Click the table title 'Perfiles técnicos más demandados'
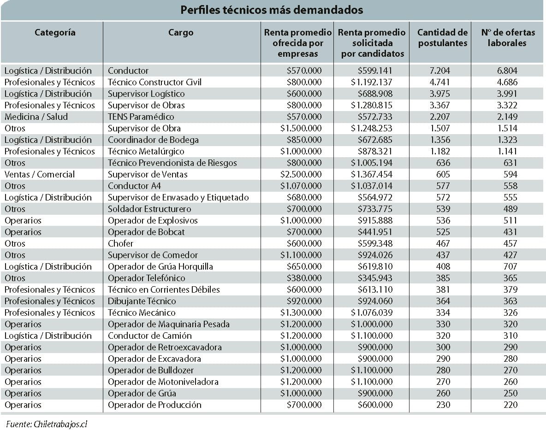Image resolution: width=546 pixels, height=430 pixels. pyautogui.click(x=272, y=10)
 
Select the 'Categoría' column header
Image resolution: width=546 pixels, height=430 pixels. pyautogui.click(x=55, y=33)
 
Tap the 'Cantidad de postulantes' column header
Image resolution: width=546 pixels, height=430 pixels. pyautogui.click(x=443, y=38)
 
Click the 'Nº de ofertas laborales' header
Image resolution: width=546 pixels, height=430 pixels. pyautogui.click(x=508, y=38)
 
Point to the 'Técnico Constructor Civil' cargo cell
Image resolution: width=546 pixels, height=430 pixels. pyautogui.click(x=154, y=82)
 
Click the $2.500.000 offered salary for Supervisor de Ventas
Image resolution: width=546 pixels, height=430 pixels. pyautogui.click(x=301, y=174)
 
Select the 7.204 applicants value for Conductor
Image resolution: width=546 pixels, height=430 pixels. pyautogui.click(x=440, y=71)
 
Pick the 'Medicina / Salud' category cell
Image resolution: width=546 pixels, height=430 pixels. pyautogui.click(x=36, y=117)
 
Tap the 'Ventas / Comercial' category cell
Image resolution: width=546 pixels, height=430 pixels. pyautogui.click(x=40, y=174)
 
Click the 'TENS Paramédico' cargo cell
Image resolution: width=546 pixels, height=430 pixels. pyautogui.click(x=141, y=117)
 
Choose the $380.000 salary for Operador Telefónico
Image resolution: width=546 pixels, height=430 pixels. pyautogui.click(x=304, y=278)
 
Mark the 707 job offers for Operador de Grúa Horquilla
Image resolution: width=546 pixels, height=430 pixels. pyautogui.click(x=510, y=266)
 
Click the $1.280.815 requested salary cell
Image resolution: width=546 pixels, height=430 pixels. pyautogui.click(x=372, y=105)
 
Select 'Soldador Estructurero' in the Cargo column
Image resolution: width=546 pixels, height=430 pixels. pyautogui.click(x=149, y=209)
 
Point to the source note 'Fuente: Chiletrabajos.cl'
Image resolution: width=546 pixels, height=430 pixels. pyautogui.click(x=47, y=424)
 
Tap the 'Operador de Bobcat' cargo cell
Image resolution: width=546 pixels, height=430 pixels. pyautogui.click(x=146, y=232)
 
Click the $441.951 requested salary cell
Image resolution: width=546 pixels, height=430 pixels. pyautogui.click(x=374, y=232)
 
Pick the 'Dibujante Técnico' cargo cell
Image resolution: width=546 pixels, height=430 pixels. pyautogui.click(x=142, y=301)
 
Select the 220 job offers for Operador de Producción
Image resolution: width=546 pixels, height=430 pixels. pyautogui.click(x=510, y=405)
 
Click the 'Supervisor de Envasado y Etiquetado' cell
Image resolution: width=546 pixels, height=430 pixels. pyautogui.click(x=178, y=197)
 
